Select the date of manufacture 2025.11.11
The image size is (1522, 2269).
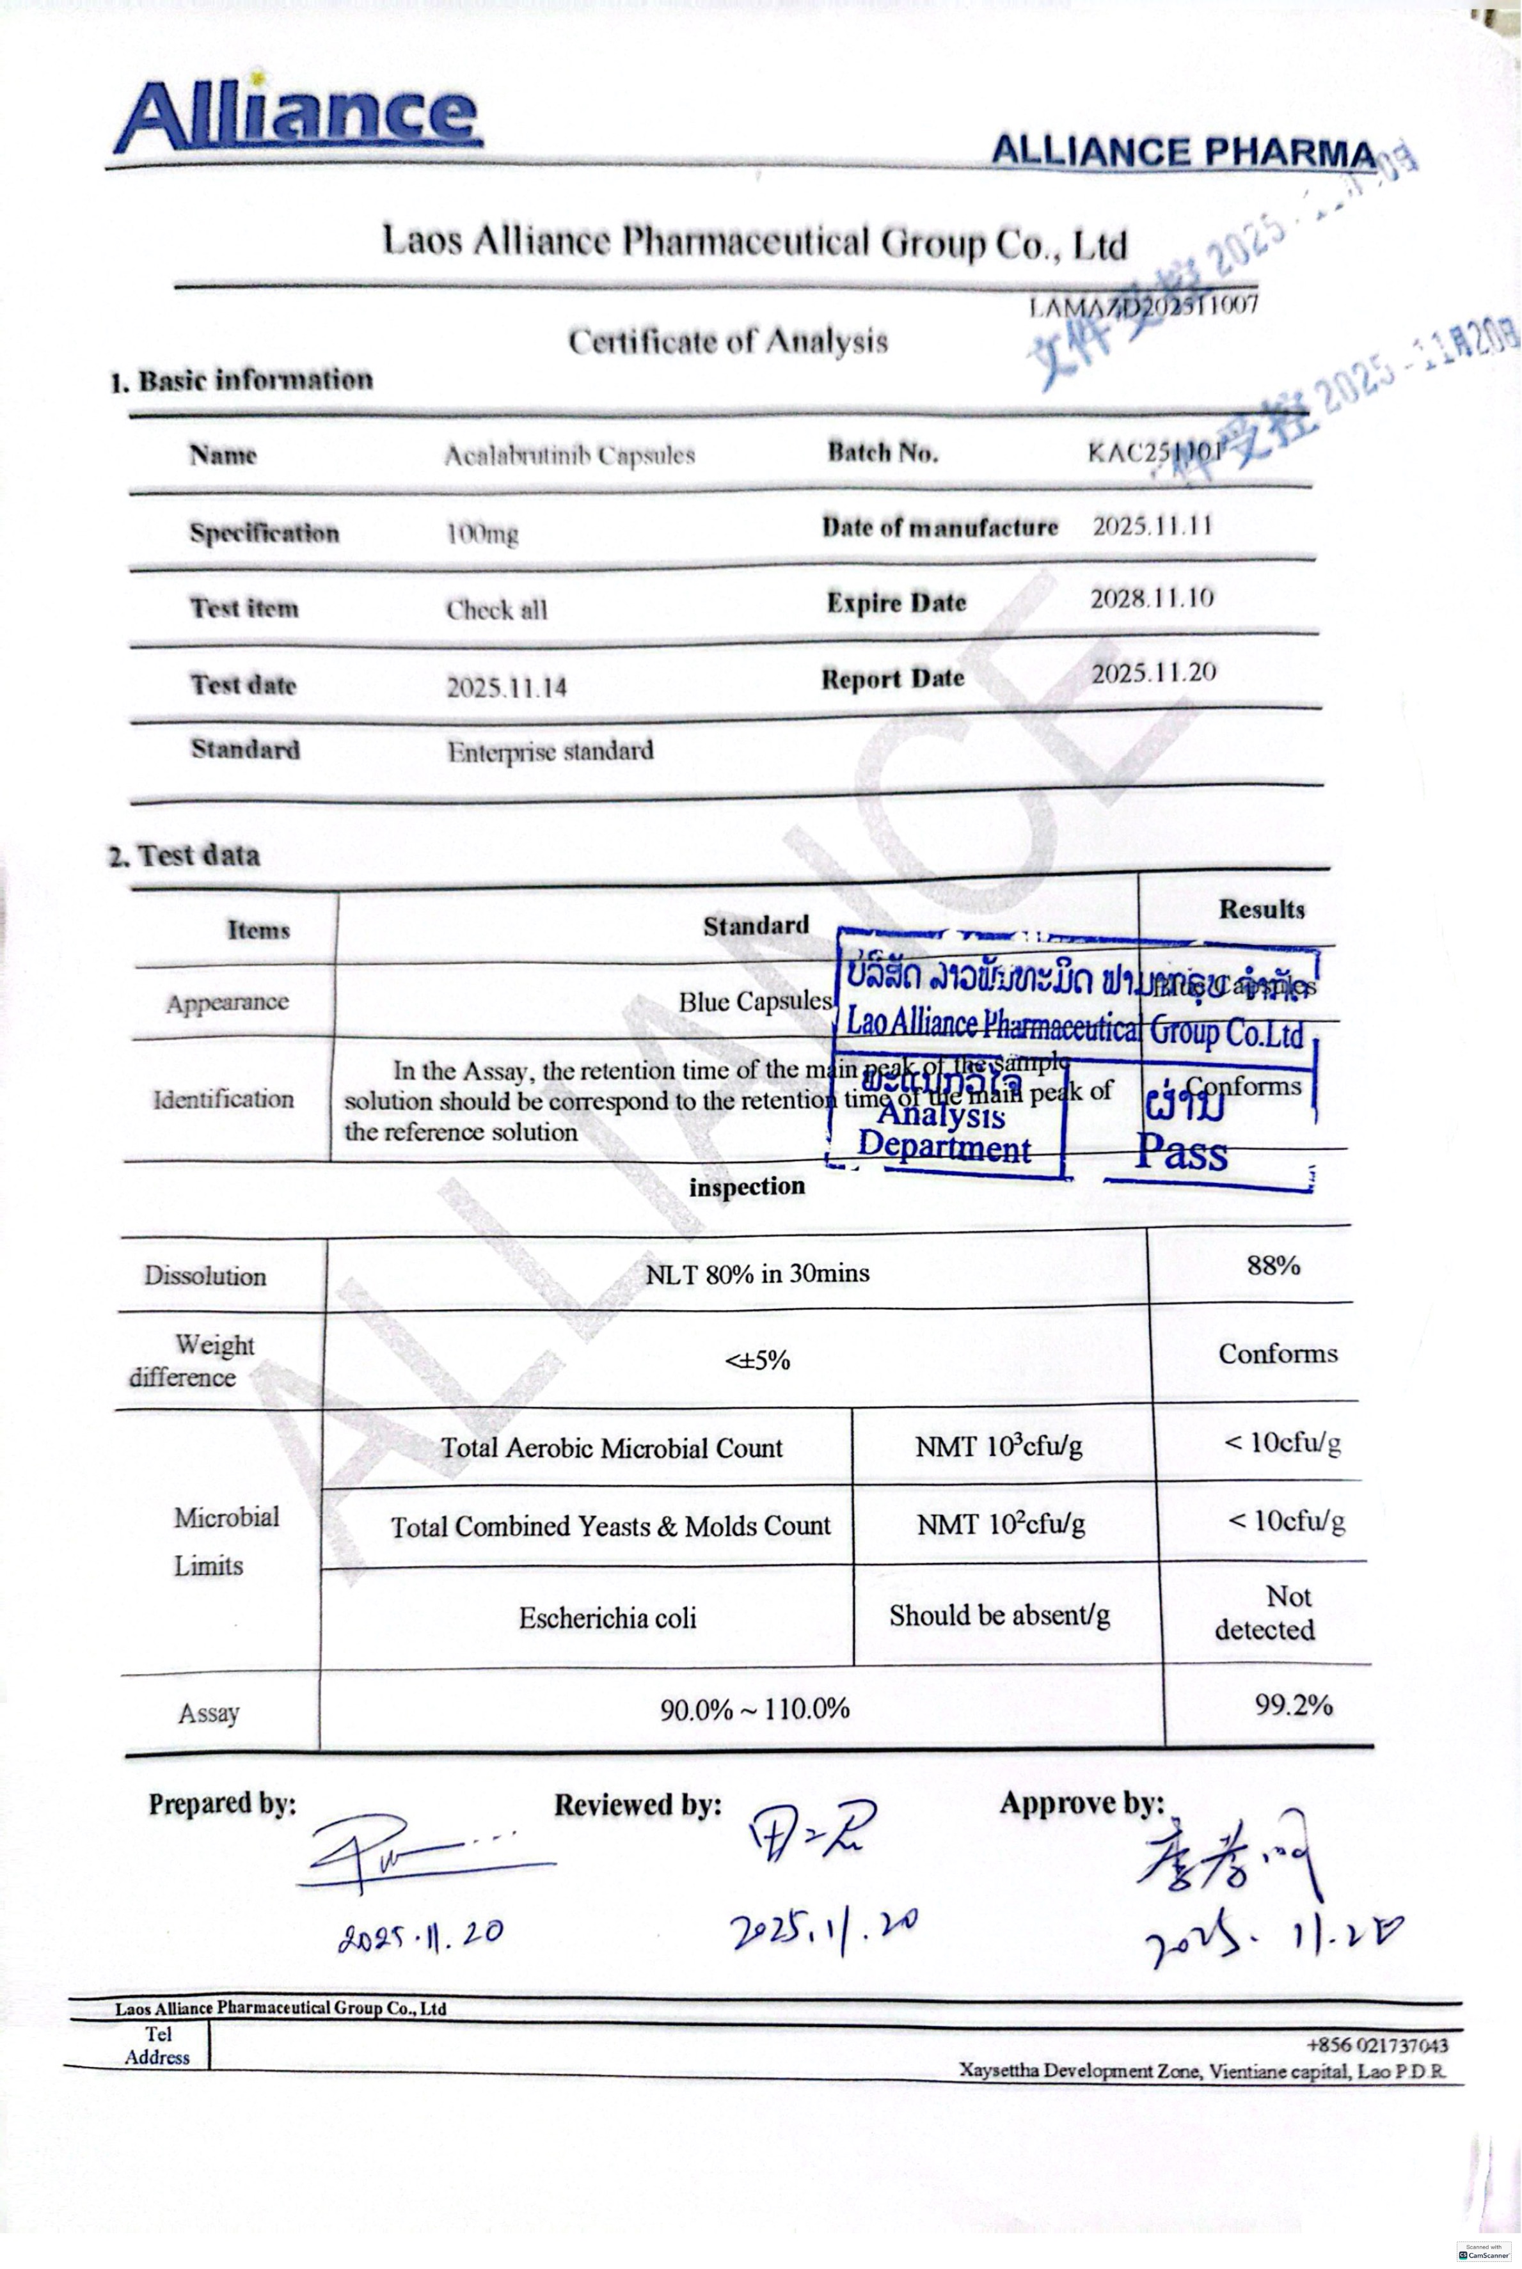(x=1153, y=526)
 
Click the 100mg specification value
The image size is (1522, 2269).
(x=482, y=534)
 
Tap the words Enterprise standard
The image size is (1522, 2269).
(x=550, y=751)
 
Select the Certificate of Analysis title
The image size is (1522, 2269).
(x=728, y=342)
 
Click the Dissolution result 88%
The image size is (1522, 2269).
(x=1272, y=1265)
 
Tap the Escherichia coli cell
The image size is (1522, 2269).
(x=608, y=1618)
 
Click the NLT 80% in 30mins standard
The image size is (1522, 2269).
(x=757, y=1273)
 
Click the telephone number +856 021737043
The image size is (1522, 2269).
(x=1376, y=2045)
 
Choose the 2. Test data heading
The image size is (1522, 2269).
(x=184, y=855)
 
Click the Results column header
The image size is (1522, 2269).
(x=1261, y=910)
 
